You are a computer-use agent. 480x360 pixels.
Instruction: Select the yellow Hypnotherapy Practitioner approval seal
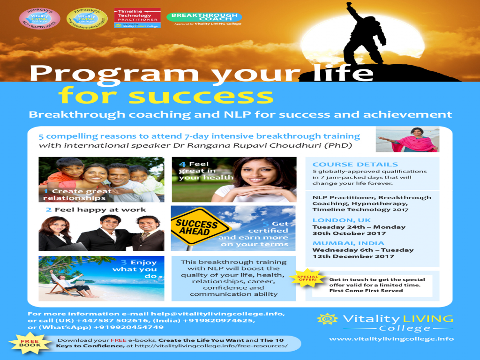coord(87,18)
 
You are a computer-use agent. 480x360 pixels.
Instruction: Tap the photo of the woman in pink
coord(407,139)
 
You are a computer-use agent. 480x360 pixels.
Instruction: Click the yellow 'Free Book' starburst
coord(23,341)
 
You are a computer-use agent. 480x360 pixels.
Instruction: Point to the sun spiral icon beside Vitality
coord(327,319)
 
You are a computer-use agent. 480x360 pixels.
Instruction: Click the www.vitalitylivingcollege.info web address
coord(391,339)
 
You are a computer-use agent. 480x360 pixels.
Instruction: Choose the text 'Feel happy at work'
coord(100,210)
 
